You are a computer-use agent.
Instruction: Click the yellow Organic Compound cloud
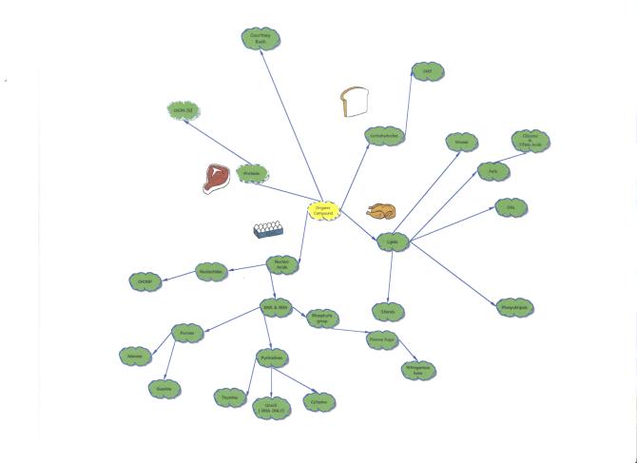tap(323, 210)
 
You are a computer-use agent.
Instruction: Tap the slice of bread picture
tap(355, 102)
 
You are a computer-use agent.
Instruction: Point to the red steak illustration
tap(217, 178)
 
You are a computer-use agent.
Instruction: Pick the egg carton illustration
tap(270, 229)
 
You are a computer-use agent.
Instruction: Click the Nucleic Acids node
tap(281, 265)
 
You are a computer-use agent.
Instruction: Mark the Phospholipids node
tap(512, 306)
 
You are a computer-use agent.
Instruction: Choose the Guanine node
tap(164, 387)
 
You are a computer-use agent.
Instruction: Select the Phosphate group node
tap(321, 318)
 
